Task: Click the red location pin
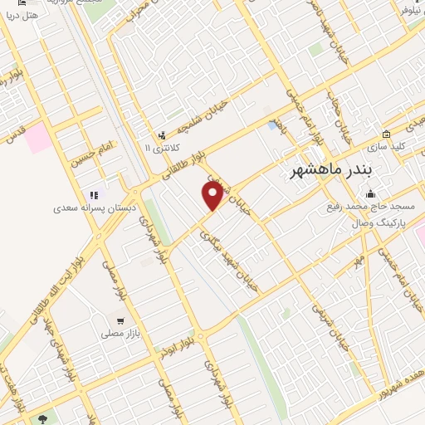(x=212, y=195)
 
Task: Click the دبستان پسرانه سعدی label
(x=80, y=200)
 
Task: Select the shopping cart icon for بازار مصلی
(x=120, y=320)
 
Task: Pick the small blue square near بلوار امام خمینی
(x=272, y=125)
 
